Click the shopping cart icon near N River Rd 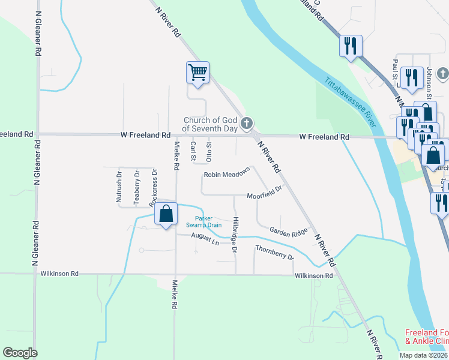point(197,73)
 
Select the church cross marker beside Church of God point(246,124)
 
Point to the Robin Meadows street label point(226,175)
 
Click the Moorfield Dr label point(264,196)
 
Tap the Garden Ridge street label point(288,230)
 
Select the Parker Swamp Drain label point(208,221)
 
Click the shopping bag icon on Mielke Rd point(166,214)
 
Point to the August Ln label point(205,239)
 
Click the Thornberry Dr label point(274,252)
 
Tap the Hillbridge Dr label point(235,235)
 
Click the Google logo point(20,353)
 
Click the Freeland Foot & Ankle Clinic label point(426,337)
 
